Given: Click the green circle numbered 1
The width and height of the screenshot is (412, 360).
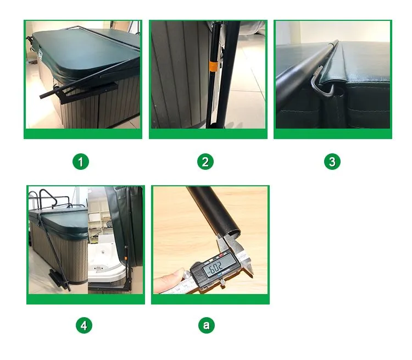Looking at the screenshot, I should [x=81, y=162].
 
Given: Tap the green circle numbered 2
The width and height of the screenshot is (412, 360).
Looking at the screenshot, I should [x=205, y=162].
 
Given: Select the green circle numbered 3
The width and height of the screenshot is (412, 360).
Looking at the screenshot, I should [x=332, y=162].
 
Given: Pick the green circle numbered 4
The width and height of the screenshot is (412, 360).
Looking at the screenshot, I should [x=83, y=325].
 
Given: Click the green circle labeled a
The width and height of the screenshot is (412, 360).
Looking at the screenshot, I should [x=206, y=325].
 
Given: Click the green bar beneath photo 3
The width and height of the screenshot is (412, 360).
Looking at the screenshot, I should [x=332, y=134].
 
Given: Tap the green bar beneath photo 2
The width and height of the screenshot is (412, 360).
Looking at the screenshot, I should [x=208, y=134].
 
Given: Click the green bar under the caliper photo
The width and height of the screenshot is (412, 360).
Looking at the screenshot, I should [x=210, y=299].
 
